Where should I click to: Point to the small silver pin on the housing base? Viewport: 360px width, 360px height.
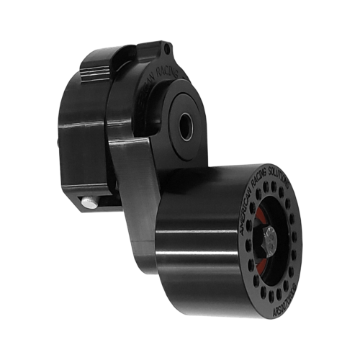(x=89, y=204)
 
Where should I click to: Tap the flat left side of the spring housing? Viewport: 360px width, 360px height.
(x=76, y=144)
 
